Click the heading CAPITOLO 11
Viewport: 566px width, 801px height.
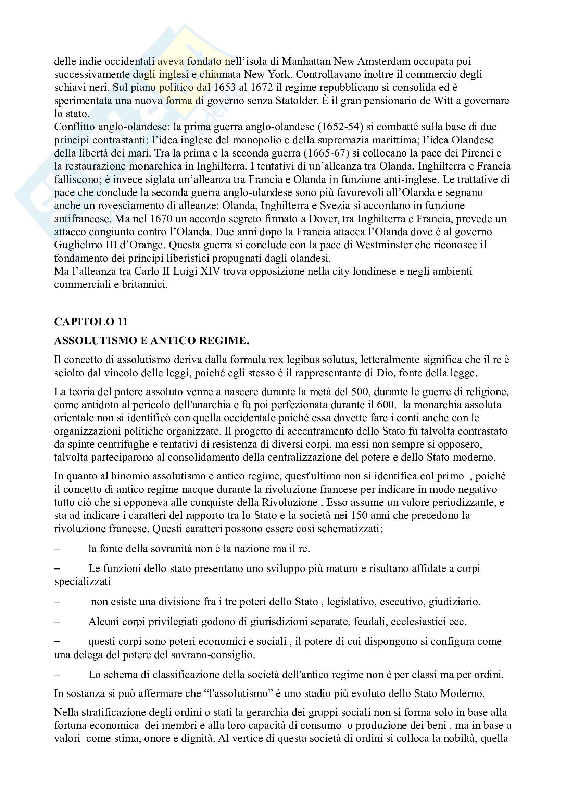coord(91,322)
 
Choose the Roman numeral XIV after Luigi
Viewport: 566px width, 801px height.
coord(210,271)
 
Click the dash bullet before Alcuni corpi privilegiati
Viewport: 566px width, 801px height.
coord(57,622)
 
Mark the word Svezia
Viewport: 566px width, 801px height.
coord(362,205)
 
